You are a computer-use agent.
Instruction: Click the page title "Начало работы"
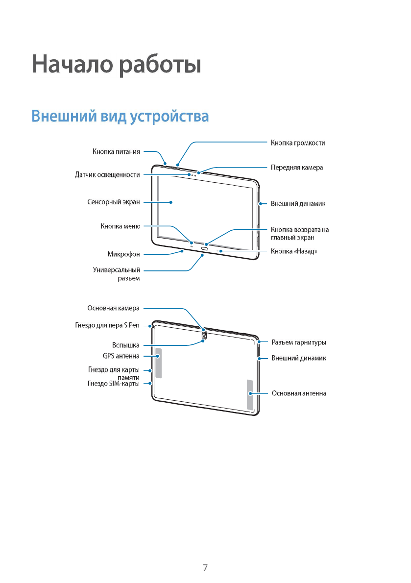117,65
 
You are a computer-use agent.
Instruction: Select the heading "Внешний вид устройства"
120,117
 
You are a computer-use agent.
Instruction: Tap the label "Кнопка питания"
116,151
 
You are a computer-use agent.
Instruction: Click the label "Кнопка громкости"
298,143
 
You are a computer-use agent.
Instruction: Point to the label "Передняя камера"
297,168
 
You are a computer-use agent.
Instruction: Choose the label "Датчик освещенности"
107,174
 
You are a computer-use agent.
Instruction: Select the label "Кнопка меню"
121,226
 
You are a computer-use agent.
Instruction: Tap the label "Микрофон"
123,254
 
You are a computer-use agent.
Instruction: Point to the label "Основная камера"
113,308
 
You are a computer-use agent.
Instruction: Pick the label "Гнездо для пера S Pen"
107,325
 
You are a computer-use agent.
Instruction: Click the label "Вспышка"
126,345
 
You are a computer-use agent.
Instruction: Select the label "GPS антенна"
121,356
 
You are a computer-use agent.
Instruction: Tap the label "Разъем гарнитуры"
299,342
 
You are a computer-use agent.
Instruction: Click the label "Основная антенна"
299,393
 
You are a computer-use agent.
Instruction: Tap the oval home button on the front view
204,248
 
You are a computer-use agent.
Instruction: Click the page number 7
205,568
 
